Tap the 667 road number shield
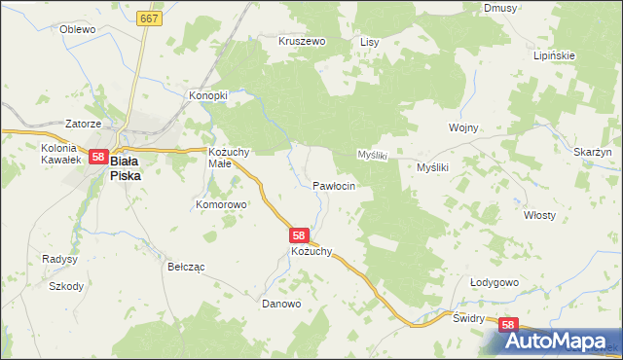pyautogui.click(x=149, y=18)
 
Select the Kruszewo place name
pyautogui.click(x=302, y=43)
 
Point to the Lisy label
pyautogui.click(x=369, y=43)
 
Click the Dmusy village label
pyautogui.click(x=499, y=8)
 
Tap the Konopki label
pyautogui.click(x=207, y=95)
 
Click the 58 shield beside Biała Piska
pyautogui.click(x=97, y=156)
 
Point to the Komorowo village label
pyautogui.click(x=222, y=205)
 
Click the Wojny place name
pyautogui.click(x=462, y=127)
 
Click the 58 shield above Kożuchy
pyautogui.click(x=300, y=235)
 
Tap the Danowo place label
pyautogui.click(x=282, y=304)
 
